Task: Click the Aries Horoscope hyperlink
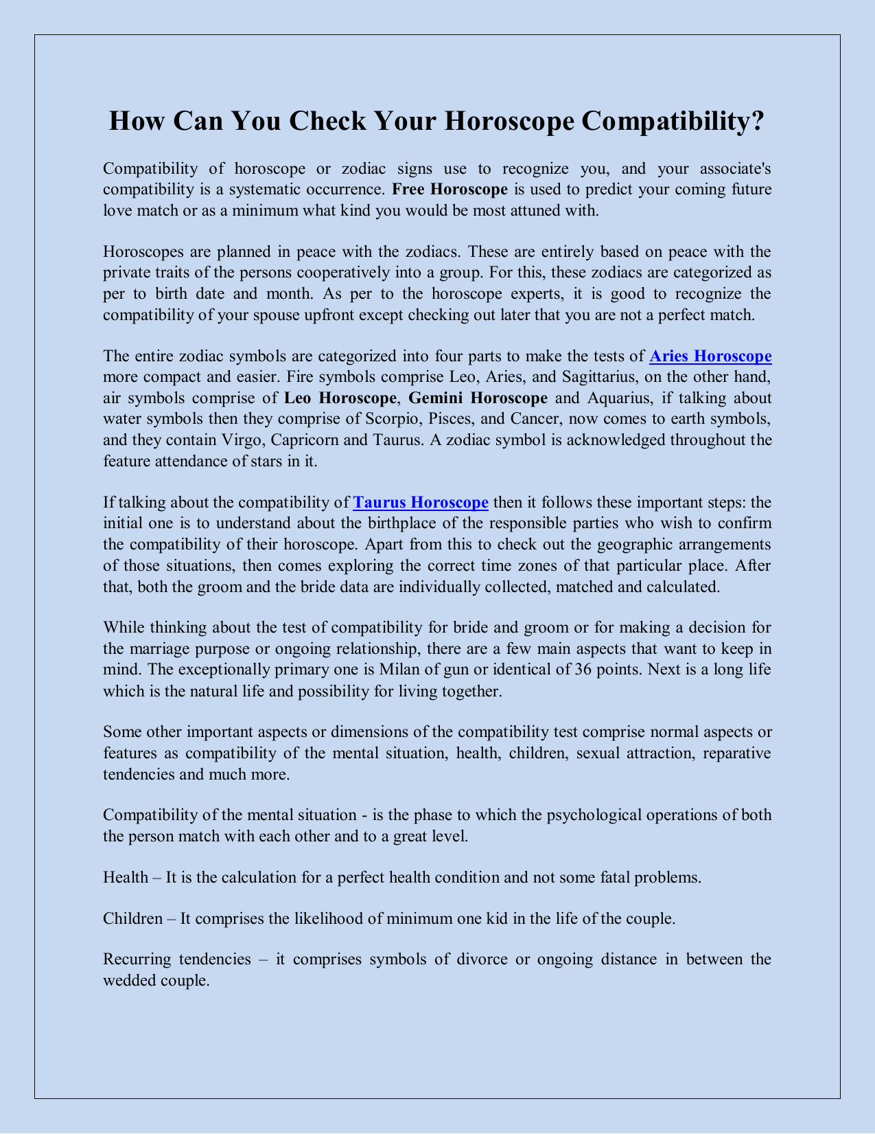click(x=710, y=356)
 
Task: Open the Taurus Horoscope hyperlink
click(x=420, y=503)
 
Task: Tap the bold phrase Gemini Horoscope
click(x=478, y=398)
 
